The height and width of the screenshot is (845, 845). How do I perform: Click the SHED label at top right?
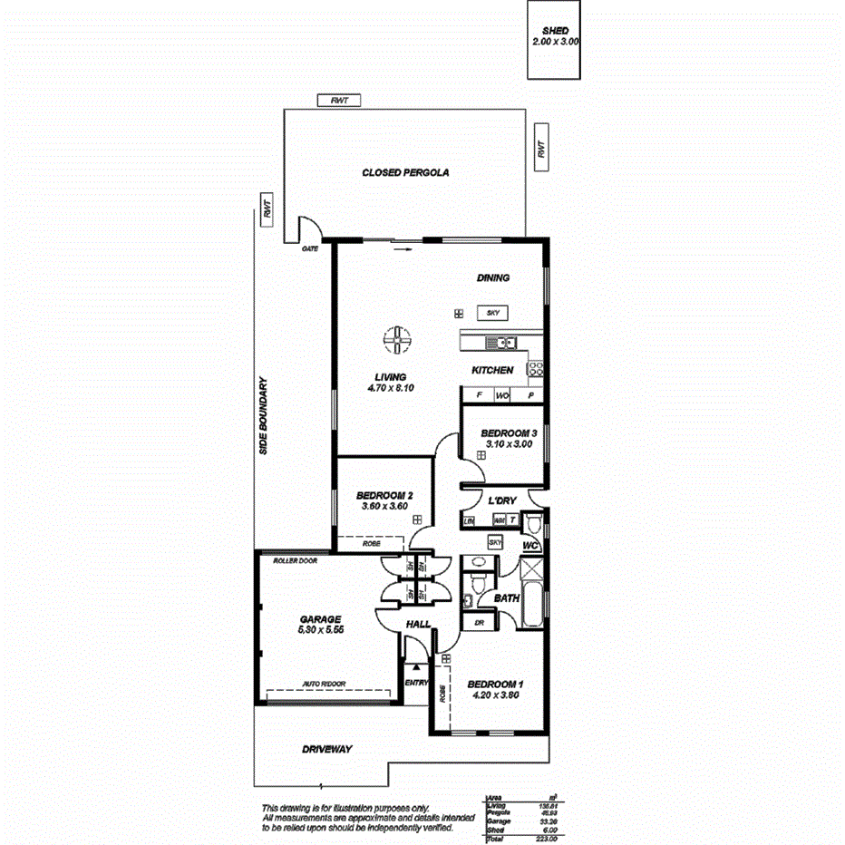click(x=555, y=31)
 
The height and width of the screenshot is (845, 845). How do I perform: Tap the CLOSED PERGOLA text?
click(x=405, y=172)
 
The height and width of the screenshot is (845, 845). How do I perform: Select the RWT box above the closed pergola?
click(x=339, y=101)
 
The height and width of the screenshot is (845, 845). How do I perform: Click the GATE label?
click(x=310, y=248)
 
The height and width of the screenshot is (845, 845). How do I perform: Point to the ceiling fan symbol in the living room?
click(x=396, y=341)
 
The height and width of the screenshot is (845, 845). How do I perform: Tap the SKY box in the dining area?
click(x=493, y=313)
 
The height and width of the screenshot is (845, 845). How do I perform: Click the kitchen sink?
click(x=500, y=343)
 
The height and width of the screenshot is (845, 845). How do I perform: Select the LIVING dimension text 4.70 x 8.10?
click(x=392, y=388)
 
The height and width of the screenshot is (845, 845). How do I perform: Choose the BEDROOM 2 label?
click(x=384, y=495)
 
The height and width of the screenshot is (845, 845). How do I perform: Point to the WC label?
click(x=530, y=546)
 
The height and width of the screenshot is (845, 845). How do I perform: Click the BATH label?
click(x=505, y=599)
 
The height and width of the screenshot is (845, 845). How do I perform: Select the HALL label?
click(x=418, y=625)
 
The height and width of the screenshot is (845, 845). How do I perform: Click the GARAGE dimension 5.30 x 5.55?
click(x=323, y=629)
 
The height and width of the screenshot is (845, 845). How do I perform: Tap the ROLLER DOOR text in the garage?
click(x=296, y=560)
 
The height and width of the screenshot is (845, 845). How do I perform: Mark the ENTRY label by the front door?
click(x=415, y=683)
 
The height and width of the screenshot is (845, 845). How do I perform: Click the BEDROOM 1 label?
click(x=495, y=685)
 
